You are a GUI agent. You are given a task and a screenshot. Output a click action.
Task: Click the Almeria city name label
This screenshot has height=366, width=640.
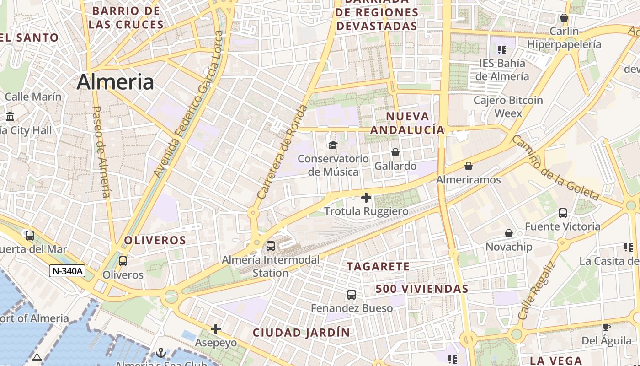tap(115, 82)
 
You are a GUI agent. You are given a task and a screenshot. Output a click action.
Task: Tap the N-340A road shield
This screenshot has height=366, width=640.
tap(67, 271)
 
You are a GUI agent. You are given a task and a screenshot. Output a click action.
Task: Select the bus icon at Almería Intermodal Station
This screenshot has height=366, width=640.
tap(271, 246)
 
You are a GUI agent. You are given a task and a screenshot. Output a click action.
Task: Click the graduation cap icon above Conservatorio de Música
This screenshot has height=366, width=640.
tap(332, 145)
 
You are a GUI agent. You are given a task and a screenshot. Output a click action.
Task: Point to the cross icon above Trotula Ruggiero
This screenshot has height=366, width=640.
tap(366, 198)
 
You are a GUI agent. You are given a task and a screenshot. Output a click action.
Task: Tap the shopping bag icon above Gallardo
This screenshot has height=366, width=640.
tap(395, 152)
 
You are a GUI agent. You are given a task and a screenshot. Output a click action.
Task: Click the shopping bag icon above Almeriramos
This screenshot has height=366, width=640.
tap(468, 166)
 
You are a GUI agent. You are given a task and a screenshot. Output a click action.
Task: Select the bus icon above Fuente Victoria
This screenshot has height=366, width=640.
tap(562, 213)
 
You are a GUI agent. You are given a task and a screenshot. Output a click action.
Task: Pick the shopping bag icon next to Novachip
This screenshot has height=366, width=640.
tap(508, 233)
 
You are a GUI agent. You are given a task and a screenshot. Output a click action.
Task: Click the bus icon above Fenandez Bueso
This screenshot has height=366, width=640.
tap(351, 295)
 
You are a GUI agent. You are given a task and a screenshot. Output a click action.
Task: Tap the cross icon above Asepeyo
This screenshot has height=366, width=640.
tap(216, 329)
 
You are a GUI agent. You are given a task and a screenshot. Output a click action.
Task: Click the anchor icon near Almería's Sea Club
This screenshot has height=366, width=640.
tap(160, 353)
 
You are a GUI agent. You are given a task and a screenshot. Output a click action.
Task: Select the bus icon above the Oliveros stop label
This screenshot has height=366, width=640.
tap(123, 261)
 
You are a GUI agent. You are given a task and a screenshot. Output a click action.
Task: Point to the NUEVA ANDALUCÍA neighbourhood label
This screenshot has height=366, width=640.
tap(407, 123)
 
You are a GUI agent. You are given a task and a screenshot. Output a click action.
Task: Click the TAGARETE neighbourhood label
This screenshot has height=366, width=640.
tap(378, 266)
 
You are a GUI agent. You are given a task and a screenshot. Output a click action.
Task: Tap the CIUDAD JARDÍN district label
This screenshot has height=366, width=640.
tap(301, 333)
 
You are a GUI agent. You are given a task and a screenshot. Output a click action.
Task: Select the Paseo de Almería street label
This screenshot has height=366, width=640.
tap(101, 152)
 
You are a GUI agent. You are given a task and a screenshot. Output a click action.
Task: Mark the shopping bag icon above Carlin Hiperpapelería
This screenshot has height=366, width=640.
tap(564, 18)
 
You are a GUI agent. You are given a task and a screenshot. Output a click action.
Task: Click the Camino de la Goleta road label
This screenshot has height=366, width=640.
tap(555, 167)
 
